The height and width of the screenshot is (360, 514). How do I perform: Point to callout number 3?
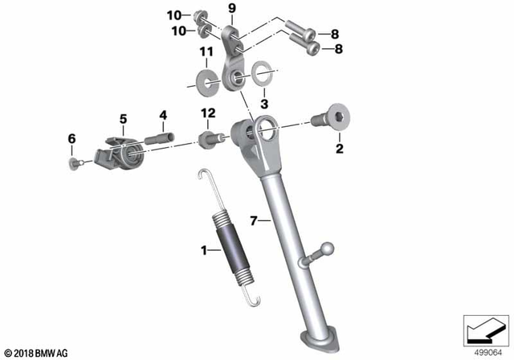pos(265,104)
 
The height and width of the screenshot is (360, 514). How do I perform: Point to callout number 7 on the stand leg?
pos(254,219)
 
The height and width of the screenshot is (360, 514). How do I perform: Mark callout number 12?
pos(209,115)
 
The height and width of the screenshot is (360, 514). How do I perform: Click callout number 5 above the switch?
pos(123,119)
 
